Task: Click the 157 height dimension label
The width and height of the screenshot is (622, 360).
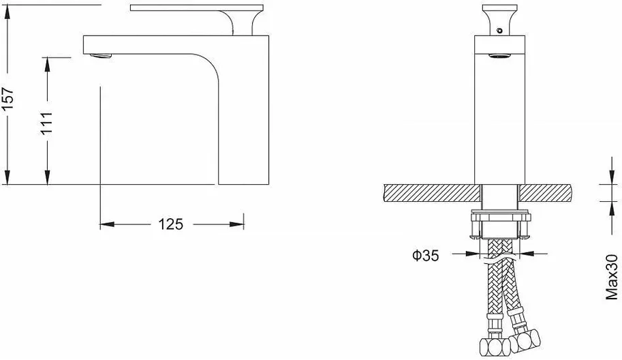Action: tap(7, 100)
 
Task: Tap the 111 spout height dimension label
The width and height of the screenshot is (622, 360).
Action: tap(47, 123)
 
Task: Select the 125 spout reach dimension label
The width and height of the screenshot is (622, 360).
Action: tap(171, 224)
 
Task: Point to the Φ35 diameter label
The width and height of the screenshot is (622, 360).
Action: tap(425, 256)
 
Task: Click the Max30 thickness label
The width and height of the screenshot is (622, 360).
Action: tap(612, 277)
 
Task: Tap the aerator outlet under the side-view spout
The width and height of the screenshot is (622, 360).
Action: tap(101, 56)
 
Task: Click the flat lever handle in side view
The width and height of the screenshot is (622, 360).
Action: tap(197, 7)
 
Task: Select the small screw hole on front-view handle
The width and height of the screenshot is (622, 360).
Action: tap(499, 30)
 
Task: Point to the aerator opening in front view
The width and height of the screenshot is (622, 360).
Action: tap(499, 55)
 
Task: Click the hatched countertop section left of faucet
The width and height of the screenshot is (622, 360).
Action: tap(433, 193)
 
